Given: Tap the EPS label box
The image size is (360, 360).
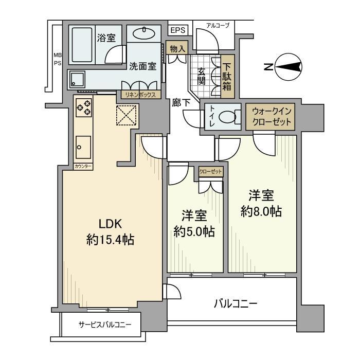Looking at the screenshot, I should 177,30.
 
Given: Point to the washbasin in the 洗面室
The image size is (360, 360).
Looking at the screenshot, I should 143,34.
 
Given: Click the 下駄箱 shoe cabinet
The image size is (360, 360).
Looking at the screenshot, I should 227,75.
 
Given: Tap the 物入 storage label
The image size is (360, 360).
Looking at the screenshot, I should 177,48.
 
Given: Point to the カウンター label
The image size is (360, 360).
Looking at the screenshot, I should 83,167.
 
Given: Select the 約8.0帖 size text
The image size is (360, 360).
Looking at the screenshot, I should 262,211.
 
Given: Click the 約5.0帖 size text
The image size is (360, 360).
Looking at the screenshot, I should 194,231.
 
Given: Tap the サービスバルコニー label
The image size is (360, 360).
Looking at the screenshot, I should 105,325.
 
